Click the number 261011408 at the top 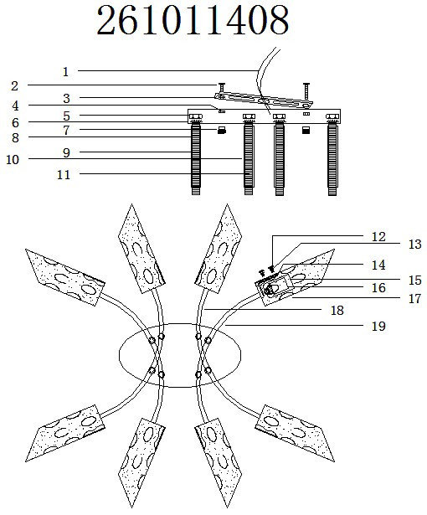[193, 20]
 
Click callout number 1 [65, 72]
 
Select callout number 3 [67, 98]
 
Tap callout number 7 [67, 131]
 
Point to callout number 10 [13, 160]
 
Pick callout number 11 [64, 175]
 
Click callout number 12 [378, 236]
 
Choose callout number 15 [414, 281]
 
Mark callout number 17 [414, 299]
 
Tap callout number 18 [337, 311]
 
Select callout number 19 [378, 327]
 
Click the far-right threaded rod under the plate [332, 158]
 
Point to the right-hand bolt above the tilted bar [306, 91]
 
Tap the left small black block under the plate [222, 131]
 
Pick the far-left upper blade [65, 277]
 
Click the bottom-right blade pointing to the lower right [295, 433]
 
